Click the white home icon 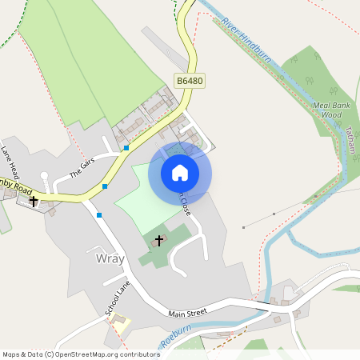(x=180, y=173)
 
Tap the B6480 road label (x=190, y=81)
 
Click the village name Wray (x=110, y=260)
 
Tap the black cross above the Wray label (x=158, y=240)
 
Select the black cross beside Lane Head (x=34, y=201)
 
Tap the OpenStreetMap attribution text (x=80, y=354)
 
